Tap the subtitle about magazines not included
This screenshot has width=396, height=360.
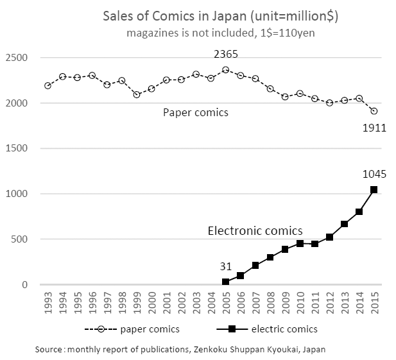pyautogui.click(x=220, y=32)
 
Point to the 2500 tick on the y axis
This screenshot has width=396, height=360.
pyautogui.click(x=19, y=58)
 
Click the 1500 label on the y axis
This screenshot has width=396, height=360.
pyautogui.click(x=19, y=149)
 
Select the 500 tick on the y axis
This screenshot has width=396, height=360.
pyautogui.click(x=21, y=240)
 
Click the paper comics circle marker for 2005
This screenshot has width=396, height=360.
pyautogui.click(x=226, y=70)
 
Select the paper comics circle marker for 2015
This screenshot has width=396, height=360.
pyautogui.click(x=374, y=111)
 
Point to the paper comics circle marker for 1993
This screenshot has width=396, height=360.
pyautogui.click(x=48, y=85)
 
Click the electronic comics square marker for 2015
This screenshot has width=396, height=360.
pyautogui.click(x=374, y=190)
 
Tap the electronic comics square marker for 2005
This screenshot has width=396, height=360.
pyautogui.click(x=226, y=282)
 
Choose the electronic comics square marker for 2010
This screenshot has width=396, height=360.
pyautogui.click(x=300, y=244)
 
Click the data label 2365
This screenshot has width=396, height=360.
pyautogui.click(x=226, y=55)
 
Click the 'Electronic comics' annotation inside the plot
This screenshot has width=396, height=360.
pyautogui.click(x=255, y=230)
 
